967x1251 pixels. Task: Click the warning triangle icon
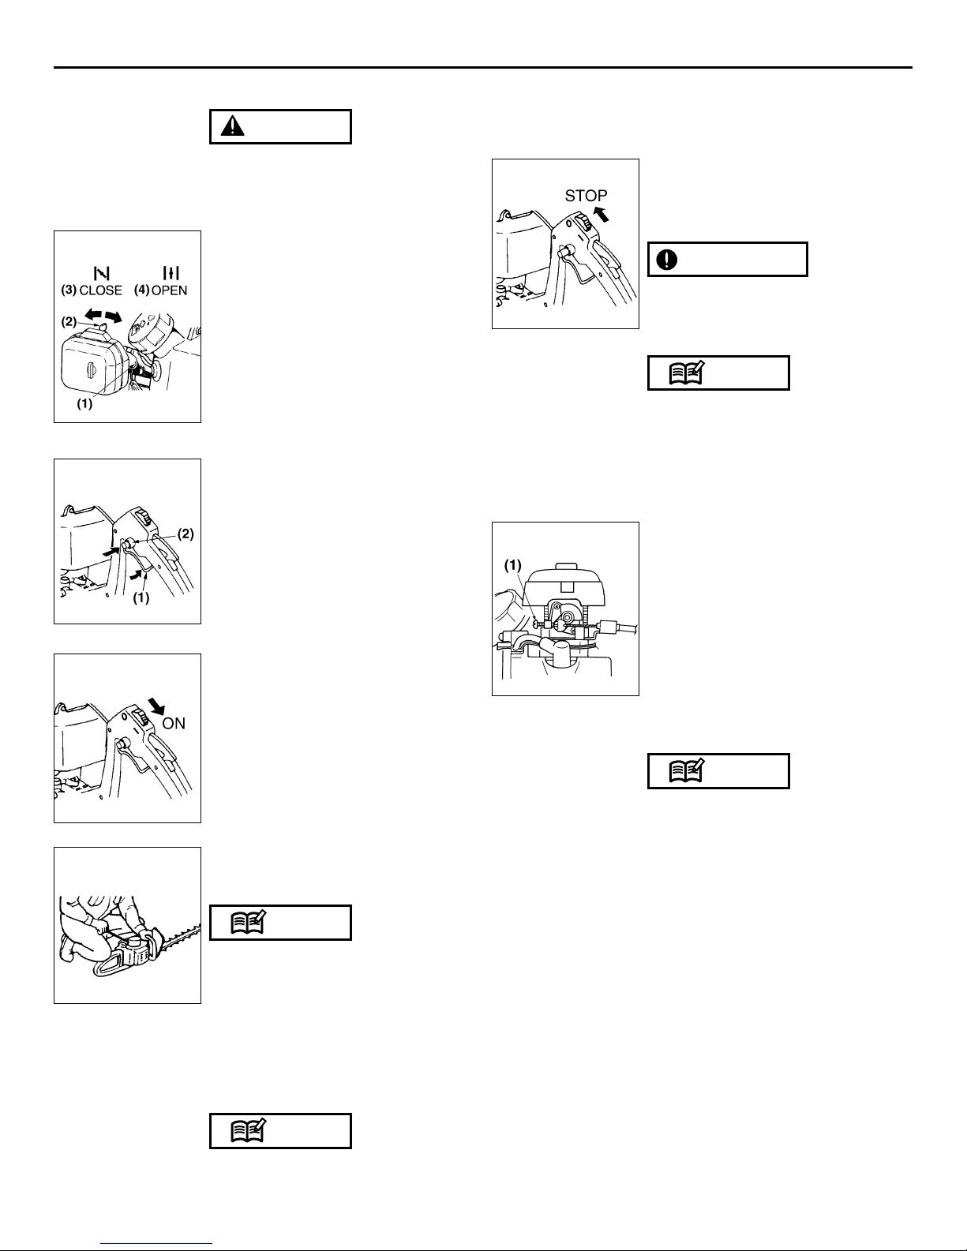[233, 126]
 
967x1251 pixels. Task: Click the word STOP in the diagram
[586, 196]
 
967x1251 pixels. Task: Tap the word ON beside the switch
[174, 723]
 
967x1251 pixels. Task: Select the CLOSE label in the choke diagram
[101, 290]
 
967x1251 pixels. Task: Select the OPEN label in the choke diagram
[169, 290]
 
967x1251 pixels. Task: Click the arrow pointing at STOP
[601, 214]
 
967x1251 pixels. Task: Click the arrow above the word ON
[156, 706]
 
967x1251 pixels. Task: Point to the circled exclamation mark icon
[667, 260]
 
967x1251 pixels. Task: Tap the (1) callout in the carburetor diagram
[513, 565]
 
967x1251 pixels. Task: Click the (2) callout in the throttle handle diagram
[186, 534]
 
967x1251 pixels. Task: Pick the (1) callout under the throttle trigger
[141, 598]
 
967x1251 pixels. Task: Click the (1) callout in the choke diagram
[84, 404]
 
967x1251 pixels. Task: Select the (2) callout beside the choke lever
[69, 321]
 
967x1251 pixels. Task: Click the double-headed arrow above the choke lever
[103, 316]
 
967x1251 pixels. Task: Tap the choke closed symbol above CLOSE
[101, 272]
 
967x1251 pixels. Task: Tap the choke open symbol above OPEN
[171, 272]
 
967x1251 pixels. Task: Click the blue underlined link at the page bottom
[156, 1243]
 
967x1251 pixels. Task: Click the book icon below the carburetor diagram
[687, 771]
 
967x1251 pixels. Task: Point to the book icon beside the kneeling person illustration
[248, 923]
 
